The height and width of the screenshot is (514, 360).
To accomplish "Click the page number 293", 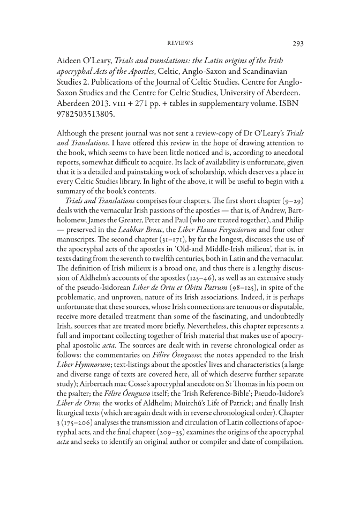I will click(x=299, y=43).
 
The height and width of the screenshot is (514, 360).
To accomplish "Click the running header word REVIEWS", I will click(x=180, y=43).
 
